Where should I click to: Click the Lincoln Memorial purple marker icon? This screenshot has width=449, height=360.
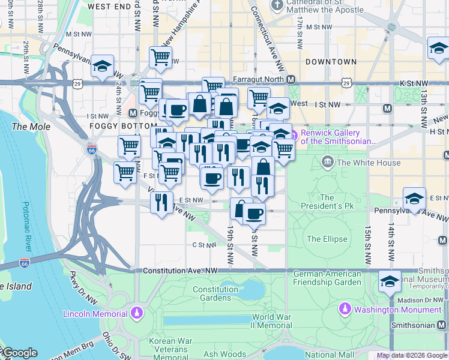click(137, 313)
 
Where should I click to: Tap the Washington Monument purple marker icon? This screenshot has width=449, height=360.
click(345, 309)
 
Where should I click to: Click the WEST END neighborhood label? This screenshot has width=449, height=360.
click(110, 6)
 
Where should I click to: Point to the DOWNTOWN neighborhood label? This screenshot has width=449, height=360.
click(330, 62)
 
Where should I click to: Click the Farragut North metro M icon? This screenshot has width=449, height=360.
click(291, 79)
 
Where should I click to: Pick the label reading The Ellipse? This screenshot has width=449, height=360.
click(327, 239)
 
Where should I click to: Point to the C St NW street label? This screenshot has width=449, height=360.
click(204, 245)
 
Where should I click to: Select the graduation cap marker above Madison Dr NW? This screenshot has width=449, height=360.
click(390, 280)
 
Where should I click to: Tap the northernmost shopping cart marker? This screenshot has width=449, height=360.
click(161, 57)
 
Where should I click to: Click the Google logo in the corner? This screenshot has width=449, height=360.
click(20, 353)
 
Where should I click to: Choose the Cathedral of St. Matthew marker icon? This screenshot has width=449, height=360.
click(277, 5)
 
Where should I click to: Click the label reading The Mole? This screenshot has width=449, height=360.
click(28, 127)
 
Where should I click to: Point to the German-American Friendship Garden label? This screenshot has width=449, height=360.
click(327, 278)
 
